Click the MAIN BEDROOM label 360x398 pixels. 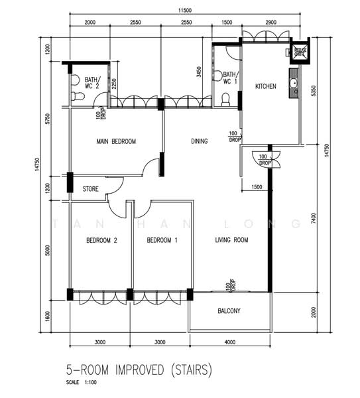pyautogui.click(x=116, y=142)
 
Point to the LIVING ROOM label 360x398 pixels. pyautogui.click(x=231, y=240)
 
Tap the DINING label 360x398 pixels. pyautogui.click(x=199, y=141)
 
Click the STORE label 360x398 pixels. pyautogui.click(x=91, y=189)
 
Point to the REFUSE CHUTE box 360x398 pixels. pyautogui.click(x=300, y=53)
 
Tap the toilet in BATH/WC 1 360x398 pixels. pyautogui.click(x=225, y=99)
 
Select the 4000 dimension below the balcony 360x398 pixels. pyautogui.click(x=229, y=342)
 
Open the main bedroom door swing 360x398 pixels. pyautogui.click(x=152, y=166)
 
